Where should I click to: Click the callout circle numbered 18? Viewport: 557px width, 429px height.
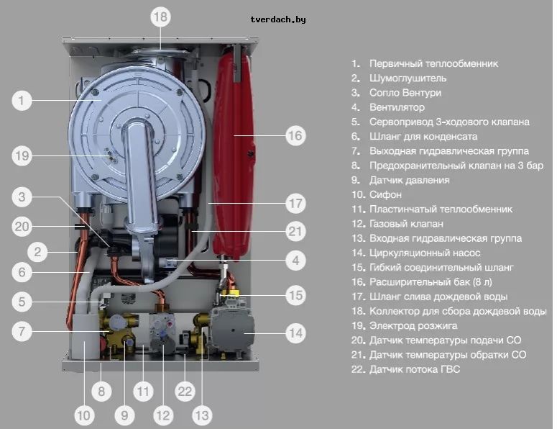click(x=160, y=17)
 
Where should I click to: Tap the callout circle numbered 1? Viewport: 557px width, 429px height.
click(x=22, y=101)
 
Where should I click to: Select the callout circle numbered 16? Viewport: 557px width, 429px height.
click(x=295, y=135)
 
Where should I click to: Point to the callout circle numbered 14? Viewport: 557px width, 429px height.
click(x=295, y=333)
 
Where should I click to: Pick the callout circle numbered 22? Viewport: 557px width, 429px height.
click(x=185, y=392)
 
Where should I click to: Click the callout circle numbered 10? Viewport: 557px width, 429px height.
click(x=84, y=415)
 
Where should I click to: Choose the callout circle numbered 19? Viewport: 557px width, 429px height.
click(x=22, y=155)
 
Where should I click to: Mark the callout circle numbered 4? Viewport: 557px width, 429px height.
click(x=295, y=259)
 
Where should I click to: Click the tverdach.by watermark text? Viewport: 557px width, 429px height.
click(x=277, y=19)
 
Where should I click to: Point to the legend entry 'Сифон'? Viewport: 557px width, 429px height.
click(x=385, y=194)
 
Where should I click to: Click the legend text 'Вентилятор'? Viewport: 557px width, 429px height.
click(x=396, y=107)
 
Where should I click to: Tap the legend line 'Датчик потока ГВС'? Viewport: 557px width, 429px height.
click(x=414, y=369)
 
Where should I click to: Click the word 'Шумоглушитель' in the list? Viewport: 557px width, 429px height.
click(x=407, y=78)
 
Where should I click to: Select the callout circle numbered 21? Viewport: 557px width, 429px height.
click(x=295, y=232)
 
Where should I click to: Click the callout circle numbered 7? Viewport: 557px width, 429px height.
click(x=22, y=332)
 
